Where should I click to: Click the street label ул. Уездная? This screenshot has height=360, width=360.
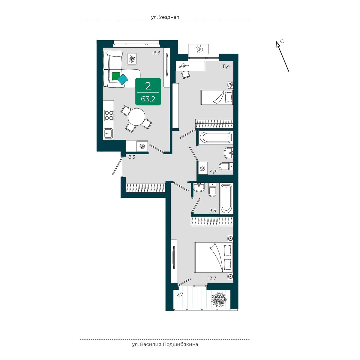tap(165, 17)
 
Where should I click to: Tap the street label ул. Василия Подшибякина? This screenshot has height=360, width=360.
tap(165, 344)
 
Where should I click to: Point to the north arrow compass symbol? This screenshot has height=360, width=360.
tap(283, 56)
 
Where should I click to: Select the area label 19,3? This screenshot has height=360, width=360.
tap(156, 53)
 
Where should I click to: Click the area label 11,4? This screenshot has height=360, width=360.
tap(226, 66)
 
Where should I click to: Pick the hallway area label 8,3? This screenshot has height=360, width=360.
tap(132, 157)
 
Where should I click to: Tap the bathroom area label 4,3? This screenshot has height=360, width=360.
tap(213, 171)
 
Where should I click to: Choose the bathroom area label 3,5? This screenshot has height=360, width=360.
tap(213, 211)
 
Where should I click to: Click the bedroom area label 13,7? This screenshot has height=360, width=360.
tap(212, 278)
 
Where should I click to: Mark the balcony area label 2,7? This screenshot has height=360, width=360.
tap(180, 295)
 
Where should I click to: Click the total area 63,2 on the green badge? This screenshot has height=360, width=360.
tap(148, 99)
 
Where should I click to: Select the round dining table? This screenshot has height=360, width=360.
tap(136, 117)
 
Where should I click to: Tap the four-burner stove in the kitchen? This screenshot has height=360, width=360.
tap(109, 115)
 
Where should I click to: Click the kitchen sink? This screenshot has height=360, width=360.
tap(108, 133)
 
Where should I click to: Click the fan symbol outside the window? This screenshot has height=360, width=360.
tap(199, 49)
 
